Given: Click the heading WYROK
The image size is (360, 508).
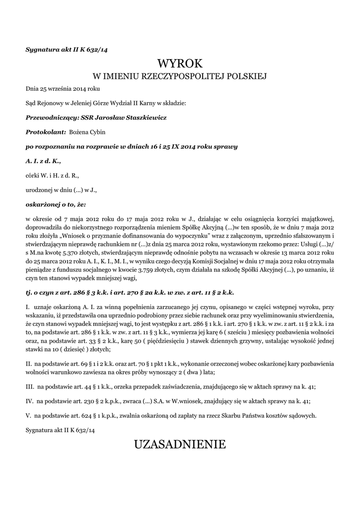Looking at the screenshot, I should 180,63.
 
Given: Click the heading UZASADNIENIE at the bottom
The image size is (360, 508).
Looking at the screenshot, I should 180,444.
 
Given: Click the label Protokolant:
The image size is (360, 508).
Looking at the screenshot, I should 46,132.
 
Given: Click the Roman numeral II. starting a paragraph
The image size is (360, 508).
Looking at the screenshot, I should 29,364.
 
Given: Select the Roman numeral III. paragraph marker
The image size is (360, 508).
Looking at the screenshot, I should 30,385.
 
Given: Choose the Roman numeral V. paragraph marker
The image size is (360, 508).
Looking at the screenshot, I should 29,415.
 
